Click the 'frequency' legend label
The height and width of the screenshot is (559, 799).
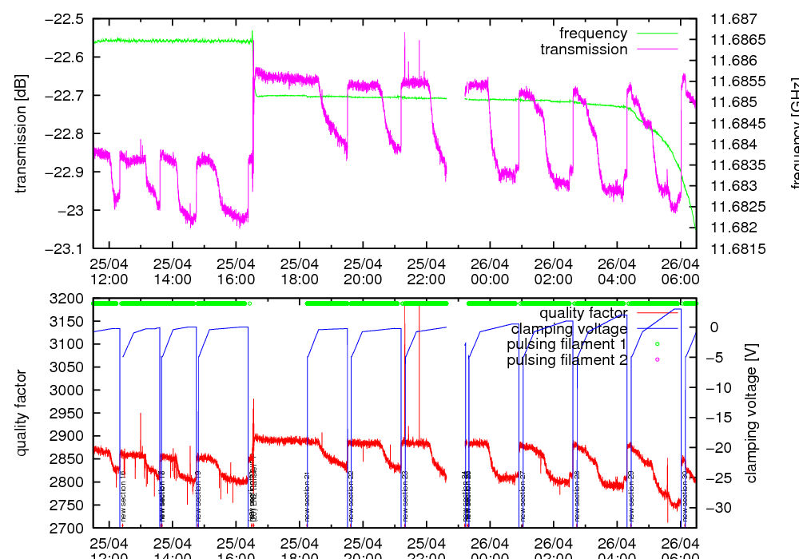pos(593,34)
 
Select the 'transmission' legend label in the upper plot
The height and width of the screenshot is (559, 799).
pos(583,50)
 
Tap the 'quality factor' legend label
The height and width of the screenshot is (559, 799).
pos(582,313)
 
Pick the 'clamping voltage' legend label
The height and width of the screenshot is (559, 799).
pos(569,328)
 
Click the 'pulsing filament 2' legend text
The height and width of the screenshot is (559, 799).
pos(566,360)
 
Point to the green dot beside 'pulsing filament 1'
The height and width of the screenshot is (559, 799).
pos(657,344)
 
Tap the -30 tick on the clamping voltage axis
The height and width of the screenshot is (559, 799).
pos(717,508)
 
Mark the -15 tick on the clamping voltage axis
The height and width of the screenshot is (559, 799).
pos(717,418)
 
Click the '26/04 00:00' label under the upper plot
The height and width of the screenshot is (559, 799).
pos(490,271)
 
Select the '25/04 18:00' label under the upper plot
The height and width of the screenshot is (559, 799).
pos(300,271)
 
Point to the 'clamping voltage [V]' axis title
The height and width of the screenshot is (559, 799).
pos(751,414)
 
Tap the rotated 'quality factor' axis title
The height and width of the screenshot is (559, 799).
pos(22,414)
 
